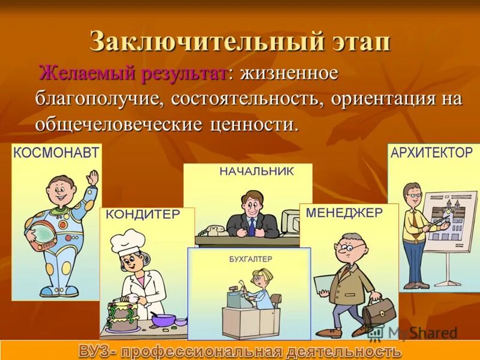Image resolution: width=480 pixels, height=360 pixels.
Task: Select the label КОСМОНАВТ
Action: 56,153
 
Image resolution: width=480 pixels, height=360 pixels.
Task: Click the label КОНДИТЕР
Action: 144,214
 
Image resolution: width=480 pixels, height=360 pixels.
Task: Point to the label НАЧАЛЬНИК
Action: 256,171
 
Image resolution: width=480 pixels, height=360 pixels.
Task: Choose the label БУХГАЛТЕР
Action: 250,259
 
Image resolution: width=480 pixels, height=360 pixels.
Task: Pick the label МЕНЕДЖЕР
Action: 344,213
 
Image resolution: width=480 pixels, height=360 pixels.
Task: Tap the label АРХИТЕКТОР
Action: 431,153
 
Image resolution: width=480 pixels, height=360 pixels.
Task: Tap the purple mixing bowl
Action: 163,319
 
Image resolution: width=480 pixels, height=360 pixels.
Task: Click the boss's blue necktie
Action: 252,226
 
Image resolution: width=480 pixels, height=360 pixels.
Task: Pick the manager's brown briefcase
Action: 374,312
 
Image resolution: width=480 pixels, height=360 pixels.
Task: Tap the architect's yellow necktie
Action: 415,220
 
